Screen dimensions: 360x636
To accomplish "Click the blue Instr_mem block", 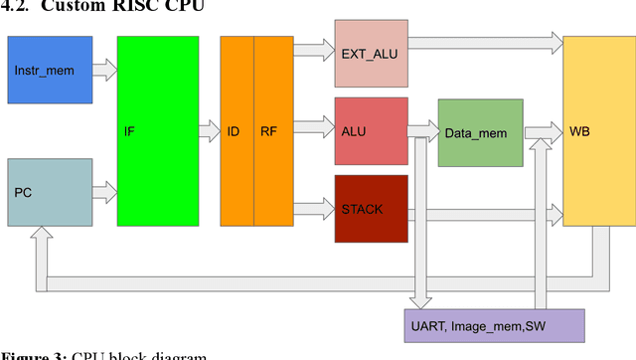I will click(x=50, y=70).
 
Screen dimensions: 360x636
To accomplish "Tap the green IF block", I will click(x=156, y=130).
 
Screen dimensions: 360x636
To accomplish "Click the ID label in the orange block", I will click(x=236, y=130).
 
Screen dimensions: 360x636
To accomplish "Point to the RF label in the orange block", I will click(x=269, y=130).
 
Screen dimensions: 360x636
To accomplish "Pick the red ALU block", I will click(x=371, y=130).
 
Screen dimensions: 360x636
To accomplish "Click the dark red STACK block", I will click(x=371, y=208).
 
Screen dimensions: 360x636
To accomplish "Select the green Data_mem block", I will click(x=480, y=131).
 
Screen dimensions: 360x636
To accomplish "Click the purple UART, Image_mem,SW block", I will click(x=498, y=325).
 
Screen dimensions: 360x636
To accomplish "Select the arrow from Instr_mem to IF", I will click(x=104, y=70).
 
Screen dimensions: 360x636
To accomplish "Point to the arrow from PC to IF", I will click(x=104, y=186).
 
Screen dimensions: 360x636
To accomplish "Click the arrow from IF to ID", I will click(x=208, y=129).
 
